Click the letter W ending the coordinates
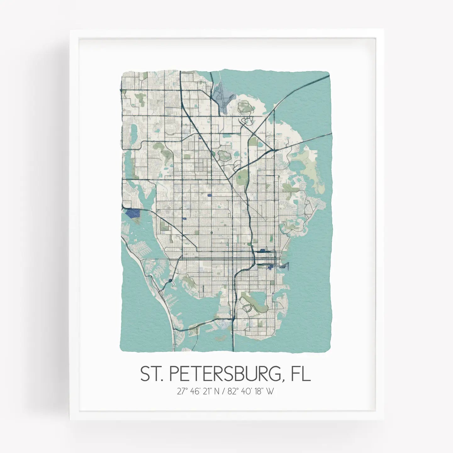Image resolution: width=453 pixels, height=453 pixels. point(270,392)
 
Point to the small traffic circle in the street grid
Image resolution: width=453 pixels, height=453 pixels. point(211,233)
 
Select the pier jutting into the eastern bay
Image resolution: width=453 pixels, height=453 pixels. point(285,266)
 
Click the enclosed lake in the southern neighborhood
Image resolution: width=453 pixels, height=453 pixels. point(256,297)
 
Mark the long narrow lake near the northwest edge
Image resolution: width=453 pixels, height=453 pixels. point(133,132)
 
